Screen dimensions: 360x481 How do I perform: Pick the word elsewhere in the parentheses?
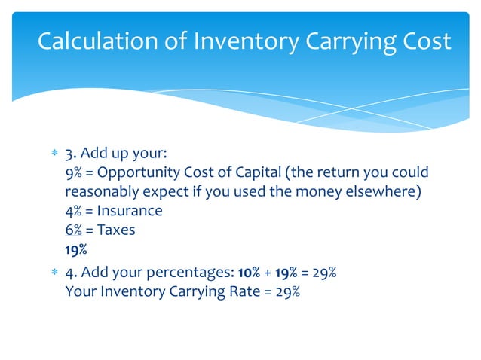point(378,192)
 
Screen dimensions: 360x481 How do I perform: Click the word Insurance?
point(129,211)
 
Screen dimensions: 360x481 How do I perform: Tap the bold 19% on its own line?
point(76,249)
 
